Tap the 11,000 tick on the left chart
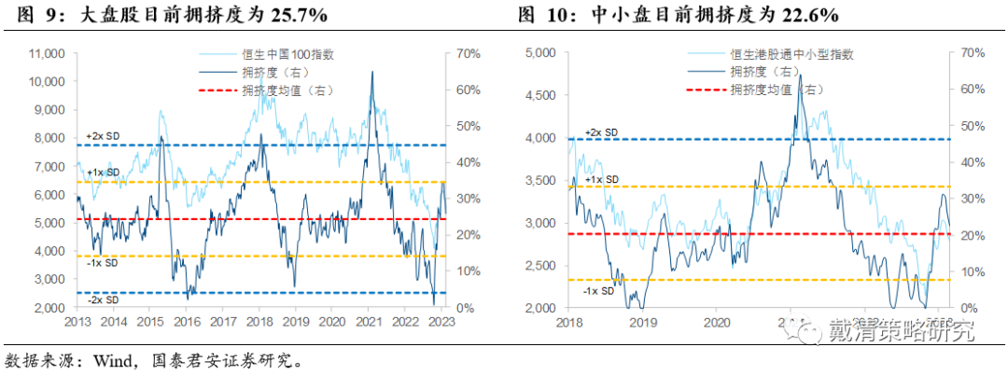45,53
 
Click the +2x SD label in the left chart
102,136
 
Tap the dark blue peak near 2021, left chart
373,72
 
